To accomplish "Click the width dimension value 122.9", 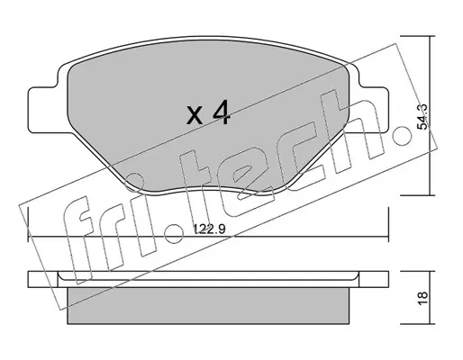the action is (209, 229).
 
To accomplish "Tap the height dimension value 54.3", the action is (422, 117).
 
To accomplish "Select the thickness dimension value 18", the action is (422, 298).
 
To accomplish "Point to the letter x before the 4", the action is (195, 115).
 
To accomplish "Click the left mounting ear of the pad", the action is (43, 110).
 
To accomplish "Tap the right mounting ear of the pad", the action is (371, 110).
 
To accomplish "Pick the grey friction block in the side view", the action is (209, 306).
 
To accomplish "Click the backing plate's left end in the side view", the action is (42, 279).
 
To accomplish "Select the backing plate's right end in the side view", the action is (374, 279).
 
